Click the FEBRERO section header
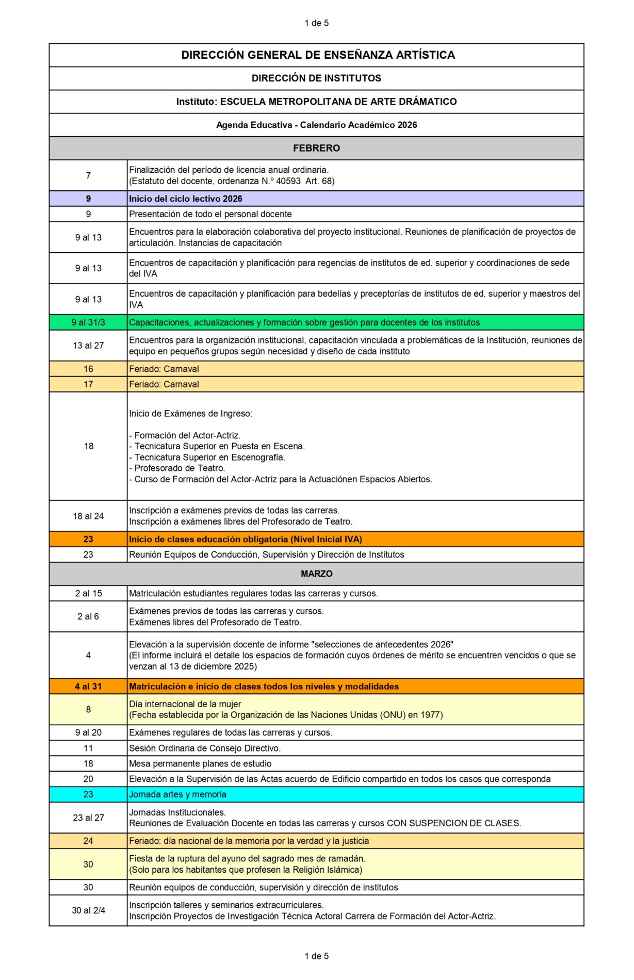(316, 148)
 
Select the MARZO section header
(316, 574)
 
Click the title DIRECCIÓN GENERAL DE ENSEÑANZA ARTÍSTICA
(318, 55)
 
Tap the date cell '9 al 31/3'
(88, 322)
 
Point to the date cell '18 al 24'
(88, 516)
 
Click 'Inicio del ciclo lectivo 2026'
(186, 199)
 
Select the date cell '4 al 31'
(88, 686)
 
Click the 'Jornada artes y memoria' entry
(178, 794)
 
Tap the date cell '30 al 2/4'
(88, 910)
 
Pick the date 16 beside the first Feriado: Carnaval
(88, 369)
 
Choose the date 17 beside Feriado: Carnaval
(88, 384)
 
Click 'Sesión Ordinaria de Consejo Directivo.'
(205, 748)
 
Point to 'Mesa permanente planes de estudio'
(200, 763)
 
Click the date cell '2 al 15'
(88, 593)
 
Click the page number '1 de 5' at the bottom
(316, 956)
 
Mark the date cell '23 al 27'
(88, 818)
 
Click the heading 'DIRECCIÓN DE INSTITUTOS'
(316, 78)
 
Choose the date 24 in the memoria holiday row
(88, 841)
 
